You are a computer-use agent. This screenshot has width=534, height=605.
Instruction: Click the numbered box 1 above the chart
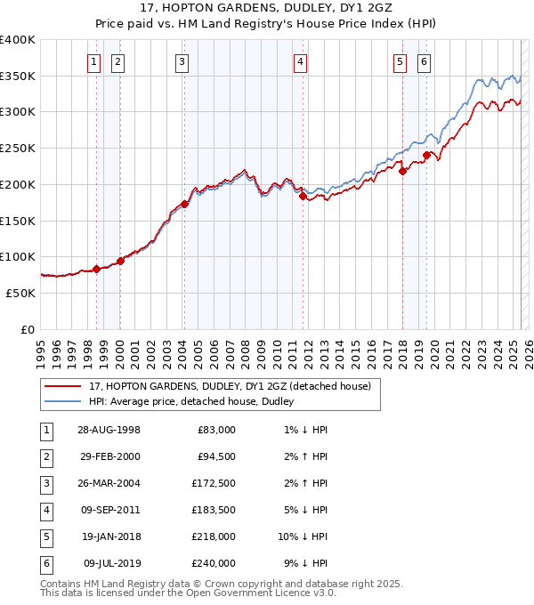coord(94,61)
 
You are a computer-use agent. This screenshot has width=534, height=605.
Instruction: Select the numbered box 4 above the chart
coord(301,61)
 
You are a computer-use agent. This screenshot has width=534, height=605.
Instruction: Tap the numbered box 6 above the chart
coord(424,61)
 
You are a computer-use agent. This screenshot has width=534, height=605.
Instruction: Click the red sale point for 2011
coord(303,197)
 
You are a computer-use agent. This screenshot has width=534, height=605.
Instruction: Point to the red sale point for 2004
coord(184,204)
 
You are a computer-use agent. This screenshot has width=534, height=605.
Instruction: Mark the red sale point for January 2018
coord(402,172)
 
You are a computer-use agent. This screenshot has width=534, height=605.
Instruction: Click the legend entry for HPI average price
coord(191,402)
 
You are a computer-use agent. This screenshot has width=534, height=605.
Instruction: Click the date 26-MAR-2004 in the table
coord(109,483)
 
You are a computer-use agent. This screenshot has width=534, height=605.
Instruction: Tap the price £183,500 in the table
coord(214,510)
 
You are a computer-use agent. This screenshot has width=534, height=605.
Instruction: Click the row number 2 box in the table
coord(44,456)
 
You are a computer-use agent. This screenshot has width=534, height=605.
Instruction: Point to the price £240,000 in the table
coord(214,563)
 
